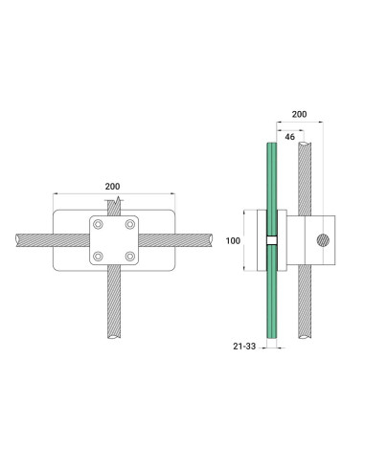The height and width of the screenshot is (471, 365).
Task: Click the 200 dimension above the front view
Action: [x=113, y=185]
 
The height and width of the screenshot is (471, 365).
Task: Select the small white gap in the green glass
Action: [x=271, y=239]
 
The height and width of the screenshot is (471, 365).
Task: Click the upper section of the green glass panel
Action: [x=271, y=182]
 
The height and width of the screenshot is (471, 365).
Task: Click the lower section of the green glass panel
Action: [x=271, y=297]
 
